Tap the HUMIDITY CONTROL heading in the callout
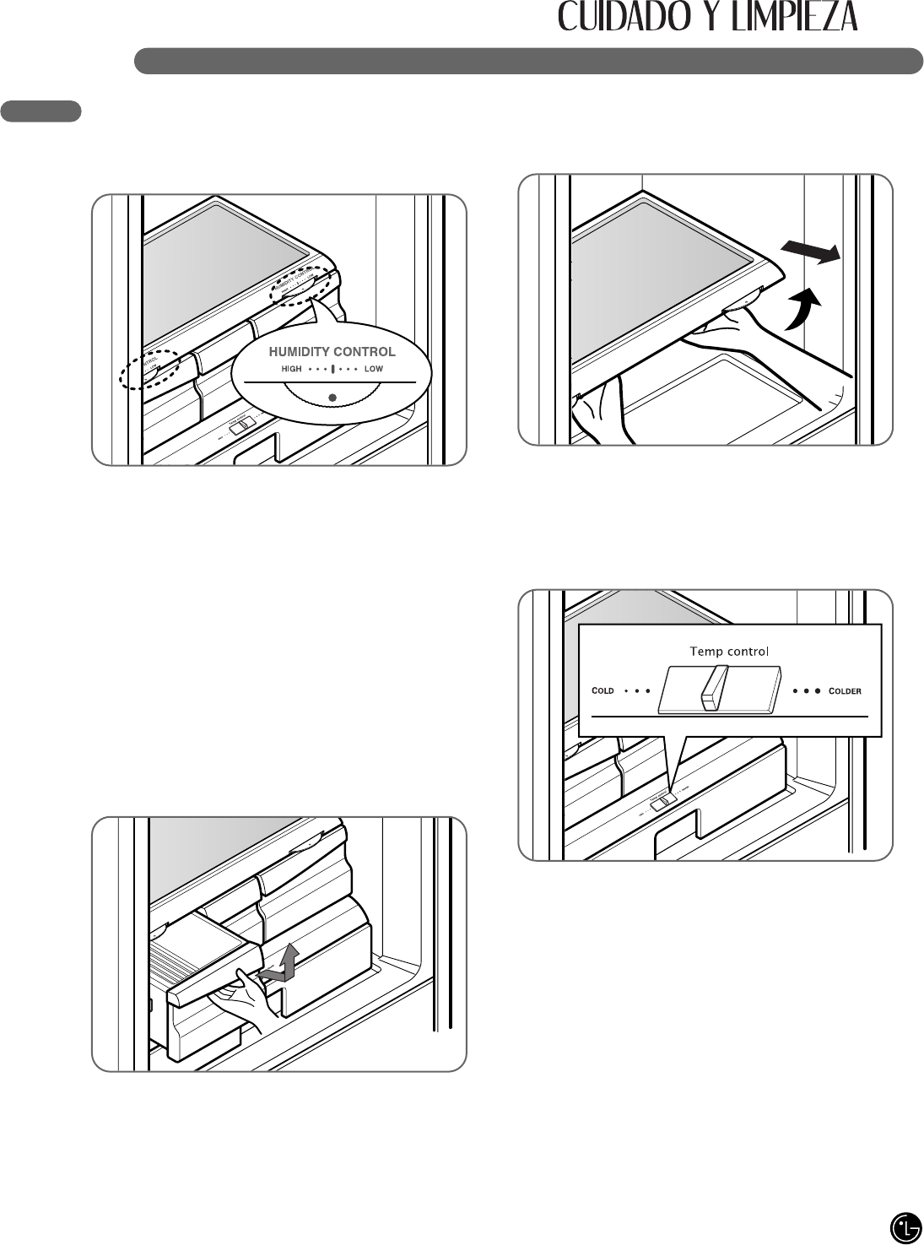point(332,351)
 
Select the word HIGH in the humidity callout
point(291,369)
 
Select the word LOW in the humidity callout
point(374,369)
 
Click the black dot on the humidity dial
point(332,398)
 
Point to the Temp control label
point(729,651)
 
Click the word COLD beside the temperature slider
point(603,690)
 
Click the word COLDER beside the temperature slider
point(845,690)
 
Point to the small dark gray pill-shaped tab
point(41,111)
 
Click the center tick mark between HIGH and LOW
point(332,369)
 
